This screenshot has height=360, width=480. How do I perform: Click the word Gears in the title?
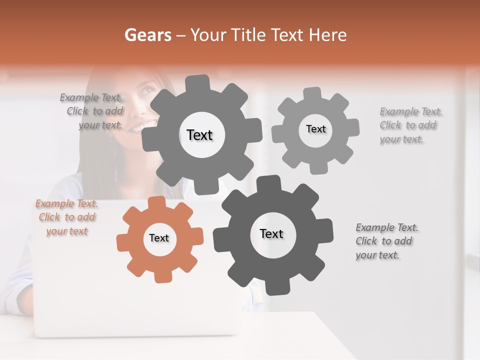(147, 35)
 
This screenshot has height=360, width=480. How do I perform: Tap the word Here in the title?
(328, 35)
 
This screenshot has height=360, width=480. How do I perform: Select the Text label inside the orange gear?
(159, 238)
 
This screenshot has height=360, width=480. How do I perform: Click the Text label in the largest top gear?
(199, 135)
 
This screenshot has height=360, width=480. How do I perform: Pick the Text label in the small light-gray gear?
(315, 129)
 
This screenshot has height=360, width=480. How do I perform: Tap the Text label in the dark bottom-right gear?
(271, 233)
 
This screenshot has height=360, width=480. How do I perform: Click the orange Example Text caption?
(66, 217)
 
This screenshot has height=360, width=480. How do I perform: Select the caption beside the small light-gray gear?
(410, 125)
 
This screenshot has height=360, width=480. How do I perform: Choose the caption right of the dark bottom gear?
(386, 241)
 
